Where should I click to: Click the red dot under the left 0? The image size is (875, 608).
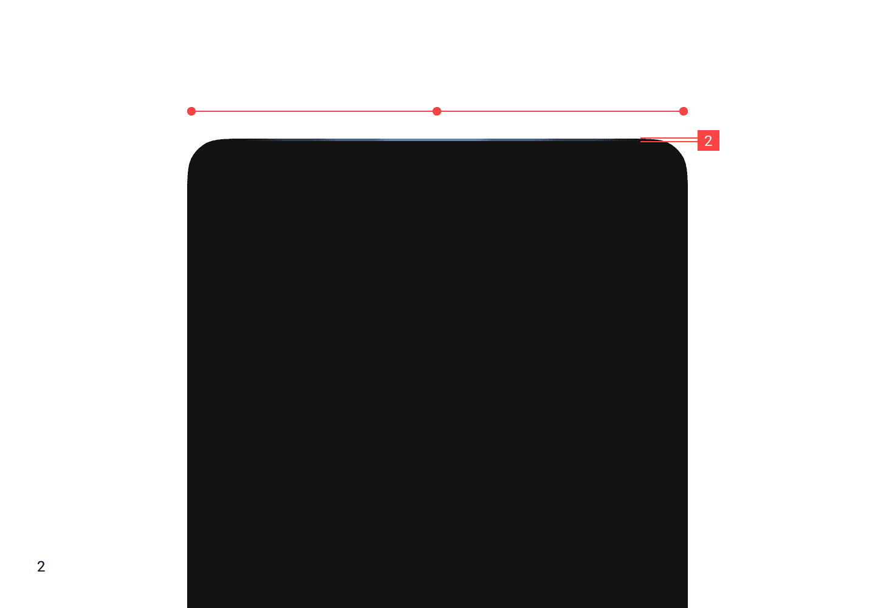coord(191,111)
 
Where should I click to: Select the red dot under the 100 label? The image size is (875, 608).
coord(437,111)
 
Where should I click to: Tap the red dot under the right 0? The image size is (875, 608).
coord(684,111)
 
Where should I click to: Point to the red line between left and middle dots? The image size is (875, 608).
coord(314,111)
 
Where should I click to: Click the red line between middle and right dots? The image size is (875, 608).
coord(560,111)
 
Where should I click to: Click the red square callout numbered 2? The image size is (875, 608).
coord(708,140)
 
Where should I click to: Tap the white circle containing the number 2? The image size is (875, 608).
coord(41,567)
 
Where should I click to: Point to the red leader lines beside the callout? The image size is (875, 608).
coord(668,140)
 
